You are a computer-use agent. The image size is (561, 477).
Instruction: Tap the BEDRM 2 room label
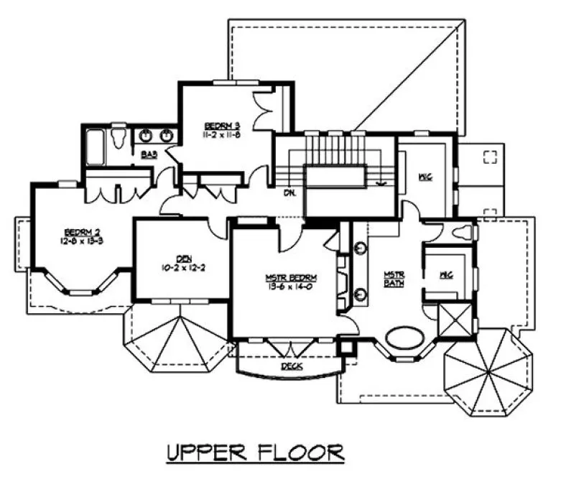tap(82, 231)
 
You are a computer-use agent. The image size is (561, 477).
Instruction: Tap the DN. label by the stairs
tap(289, 193)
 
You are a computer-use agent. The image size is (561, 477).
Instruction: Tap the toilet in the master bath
tap(463, 232)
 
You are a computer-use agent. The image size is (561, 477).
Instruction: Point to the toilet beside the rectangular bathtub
tap(121, 136)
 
